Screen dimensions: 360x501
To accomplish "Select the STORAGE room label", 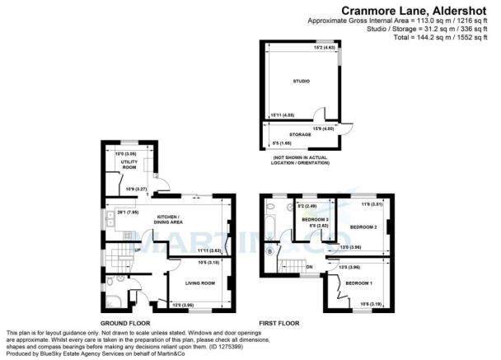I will [300, 133].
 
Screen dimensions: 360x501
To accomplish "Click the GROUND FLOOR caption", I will [124, 323].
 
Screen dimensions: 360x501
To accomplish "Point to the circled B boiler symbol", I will [271, 250].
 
